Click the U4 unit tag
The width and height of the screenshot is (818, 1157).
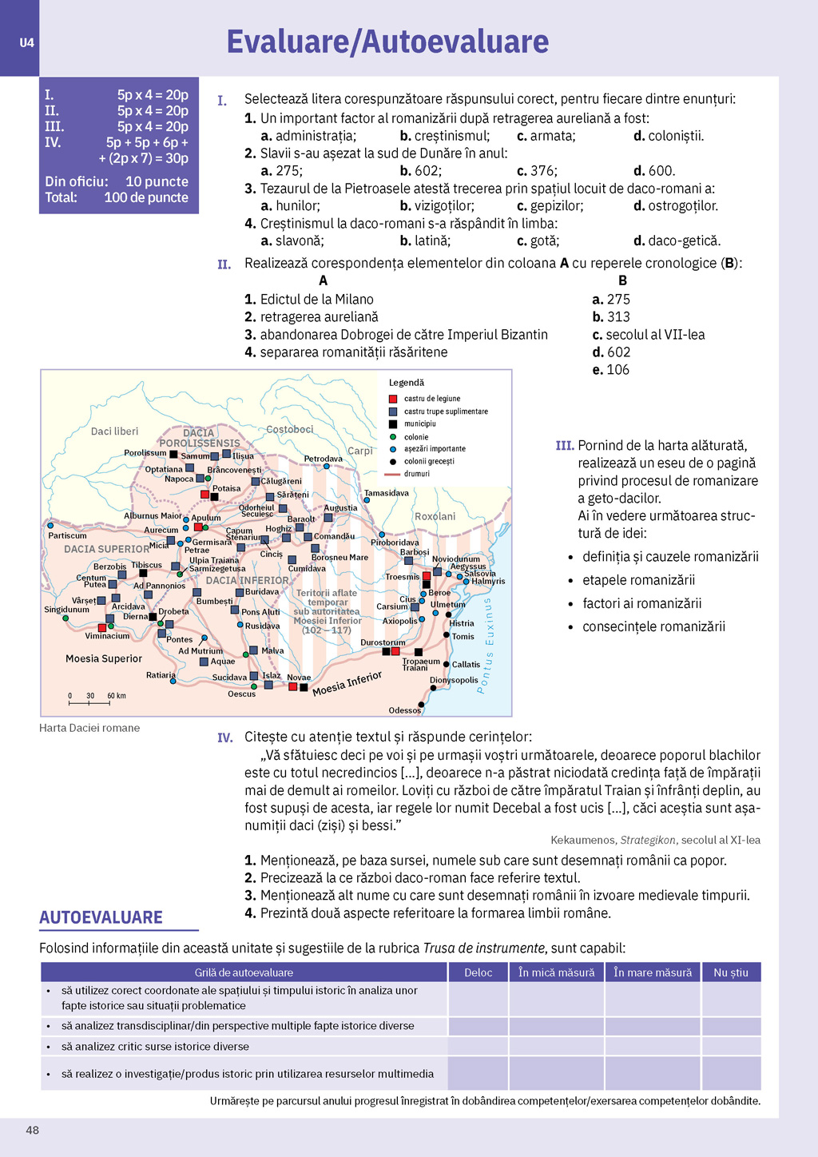point(26,43)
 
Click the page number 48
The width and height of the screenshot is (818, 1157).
point(32,1130)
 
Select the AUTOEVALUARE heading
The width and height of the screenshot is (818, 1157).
point(101,917)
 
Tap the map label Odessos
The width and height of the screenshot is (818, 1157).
point(404,710)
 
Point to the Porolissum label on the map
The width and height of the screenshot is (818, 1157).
point(145,453)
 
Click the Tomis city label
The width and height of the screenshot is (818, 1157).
point(463,637)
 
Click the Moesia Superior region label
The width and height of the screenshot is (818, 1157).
point(104,658)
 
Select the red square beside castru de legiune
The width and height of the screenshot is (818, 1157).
point(393,399)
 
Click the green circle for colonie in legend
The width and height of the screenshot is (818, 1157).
point(393,437)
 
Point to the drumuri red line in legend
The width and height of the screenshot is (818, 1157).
point(392,474)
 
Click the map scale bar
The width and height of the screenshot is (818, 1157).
point(89,703)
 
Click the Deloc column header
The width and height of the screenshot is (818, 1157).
point(478,972)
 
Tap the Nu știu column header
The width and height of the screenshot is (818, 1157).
point(731,972)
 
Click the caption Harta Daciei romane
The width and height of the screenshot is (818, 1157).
point(89,728)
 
